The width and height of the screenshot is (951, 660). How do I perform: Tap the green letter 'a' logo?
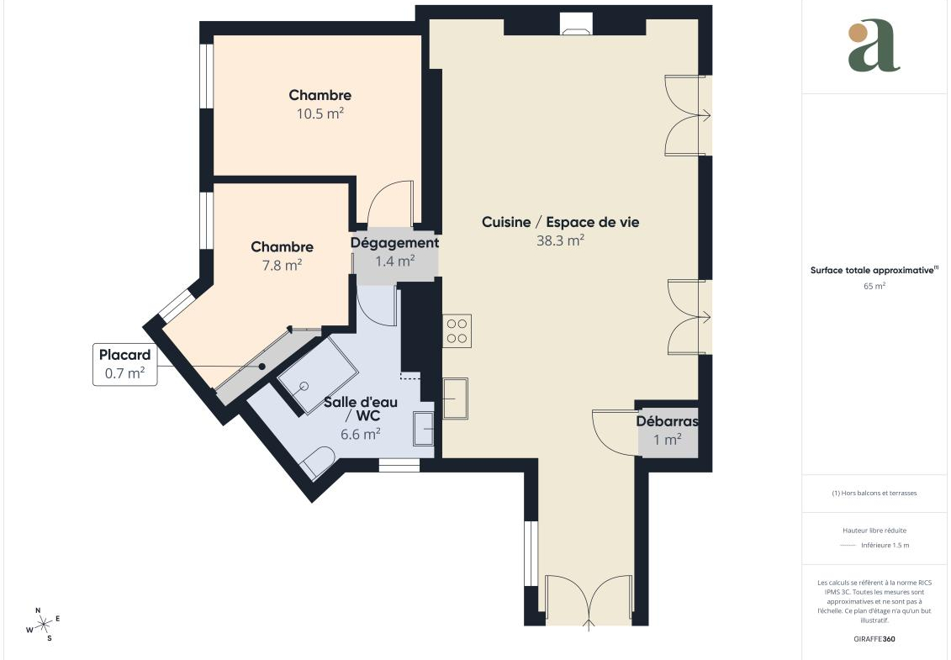coord(874,45)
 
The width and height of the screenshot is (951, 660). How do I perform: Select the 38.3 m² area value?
coord(560,240)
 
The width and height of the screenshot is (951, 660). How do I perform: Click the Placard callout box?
coord(125,364)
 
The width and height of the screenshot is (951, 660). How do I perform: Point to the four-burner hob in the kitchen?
coord(457,331)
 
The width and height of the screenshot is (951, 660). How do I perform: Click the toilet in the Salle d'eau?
coord(318,462)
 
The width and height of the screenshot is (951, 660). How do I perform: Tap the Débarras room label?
coord(667,421)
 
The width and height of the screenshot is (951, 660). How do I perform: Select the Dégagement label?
coord(395,243)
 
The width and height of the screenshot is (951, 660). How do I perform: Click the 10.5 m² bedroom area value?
coord(320,114)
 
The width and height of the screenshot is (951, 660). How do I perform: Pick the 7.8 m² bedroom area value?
coord(282,265)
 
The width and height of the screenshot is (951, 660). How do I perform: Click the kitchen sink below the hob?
coord(455,398)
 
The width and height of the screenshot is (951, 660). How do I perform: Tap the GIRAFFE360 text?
coord(874,639)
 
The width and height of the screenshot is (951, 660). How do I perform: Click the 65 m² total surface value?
coord(874,286)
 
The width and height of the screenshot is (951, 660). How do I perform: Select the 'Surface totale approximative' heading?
coord(874,270)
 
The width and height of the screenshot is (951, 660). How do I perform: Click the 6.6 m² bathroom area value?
coord(360,435)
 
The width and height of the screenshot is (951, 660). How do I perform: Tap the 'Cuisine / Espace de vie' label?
coord(560,222)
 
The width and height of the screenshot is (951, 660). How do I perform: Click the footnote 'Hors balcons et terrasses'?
coord(874,494)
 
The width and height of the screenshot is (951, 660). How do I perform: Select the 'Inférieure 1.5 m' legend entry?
coord(885,546)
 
